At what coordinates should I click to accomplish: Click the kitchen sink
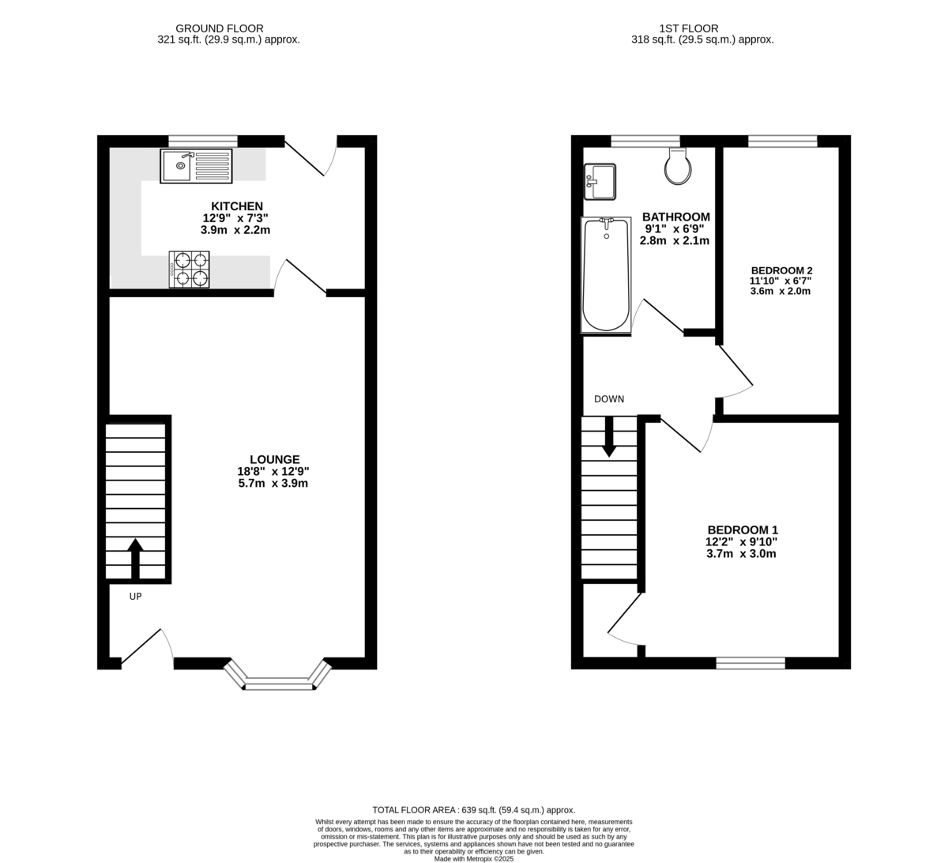coord(196,166)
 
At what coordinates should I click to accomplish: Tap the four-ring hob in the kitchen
coord(190,269)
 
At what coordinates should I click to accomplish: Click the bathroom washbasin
coord(600,182)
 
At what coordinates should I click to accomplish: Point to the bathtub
coord(606,276)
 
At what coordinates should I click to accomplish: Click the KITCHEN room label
coord(236,206)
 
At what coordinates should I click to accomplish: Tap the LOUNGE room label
coord(274,459)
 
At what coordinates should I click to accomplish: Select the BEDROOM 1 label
coord(742,529)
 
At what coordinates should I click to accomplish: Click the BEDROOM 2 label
coord(781,269)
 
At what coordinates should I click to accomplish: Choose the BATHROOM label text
coord(675,217)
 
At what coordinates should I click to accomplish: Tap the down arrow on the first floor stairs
coord(609,436)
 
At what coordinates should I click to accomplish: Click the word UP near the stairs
coord(135,597)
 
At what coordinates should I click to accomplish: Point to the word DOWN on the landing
coord(609,399)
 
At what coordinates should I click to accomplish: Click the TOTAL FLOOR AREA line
coord(473,810)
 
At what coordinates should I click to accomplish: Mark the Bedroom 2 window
coord(782,141)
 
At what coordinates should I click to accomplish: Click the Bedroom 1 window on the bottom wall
coord(750,663)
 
